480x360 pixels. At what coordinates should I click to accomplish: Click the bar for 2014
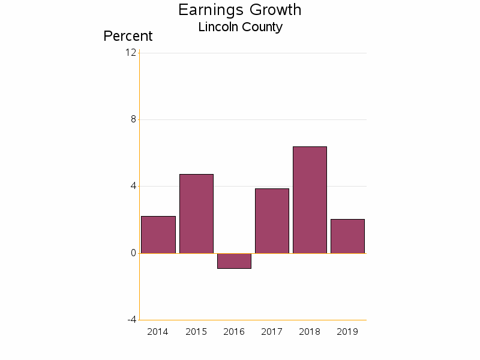point(158,235)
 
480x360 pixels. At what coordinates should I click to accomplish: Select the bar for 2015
point(196,214)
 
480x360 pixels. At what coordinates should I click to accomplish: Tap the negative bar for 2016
point(234,261)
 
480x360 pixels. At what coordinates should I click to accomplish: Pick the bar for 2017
point(272,221)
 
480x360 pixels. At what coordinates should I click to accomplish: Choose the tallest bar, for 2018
point(310,200)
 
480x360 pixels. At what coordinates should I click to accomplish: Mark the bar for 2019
point(347,236)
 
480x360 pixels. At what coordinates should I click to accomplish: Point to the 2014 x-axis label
point(158,332)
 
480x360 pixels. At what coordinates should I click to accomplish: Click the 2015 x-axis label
point(196,332)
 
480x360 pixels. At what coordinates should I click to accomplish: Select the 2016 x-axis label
point(234,332)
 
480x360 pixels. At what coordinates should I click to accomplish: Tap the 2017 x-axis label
point(272,332)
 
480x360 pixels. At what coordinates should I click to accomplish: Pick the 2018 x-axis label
point(310,332)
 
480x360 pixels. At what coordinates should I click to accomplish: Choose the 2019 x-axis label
point(347,332)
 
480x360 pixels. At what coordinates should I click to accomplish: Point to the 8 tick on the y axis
point(134,119)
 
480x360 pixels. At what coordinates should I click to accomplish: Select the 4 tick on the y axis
point(134,186)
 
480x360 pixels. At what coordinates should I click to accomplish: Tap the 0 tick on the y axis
point(134,253)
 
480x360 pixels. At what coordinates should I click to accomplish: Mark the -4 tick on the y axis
point(132,319)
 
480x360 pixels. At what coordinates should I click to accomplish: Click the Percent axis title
point(128,36)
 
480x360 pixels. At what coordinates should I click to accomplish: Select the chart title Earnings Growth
point(240,10)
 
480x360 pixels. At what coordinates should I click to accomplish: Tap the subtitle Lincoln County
point(240,27)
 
